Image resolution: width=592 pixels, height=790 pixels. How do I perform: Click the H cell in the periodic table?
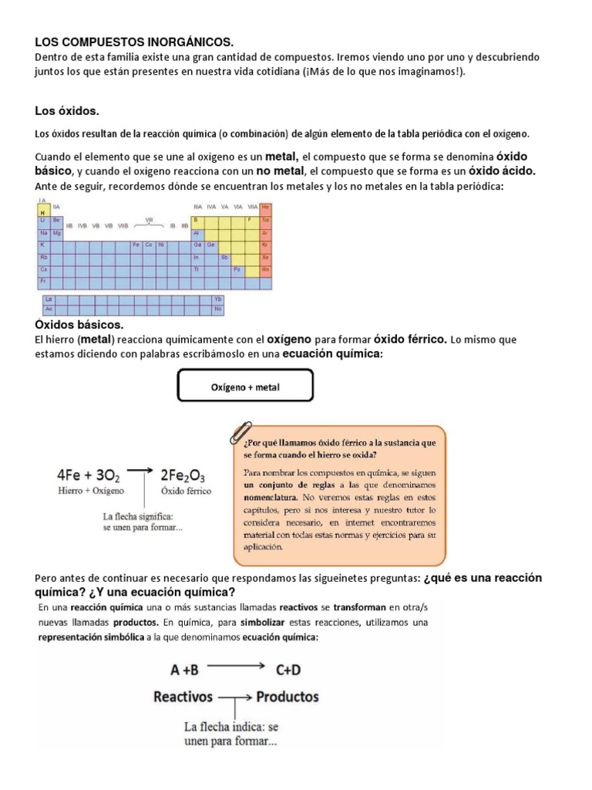(x=43, y=213)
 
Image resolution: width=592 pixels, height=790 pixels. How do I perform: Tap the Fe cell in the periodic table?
(x=136, y=245)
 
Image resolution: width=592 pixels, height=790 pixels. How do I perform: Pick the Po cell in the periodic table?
(x=237, y=269)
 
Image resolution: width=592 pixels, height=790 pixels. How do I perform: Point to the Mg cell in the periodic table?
(x=57, y=232)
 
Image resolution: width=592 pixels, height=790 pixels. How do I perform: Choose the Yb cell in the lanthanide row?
(x=217, y=298)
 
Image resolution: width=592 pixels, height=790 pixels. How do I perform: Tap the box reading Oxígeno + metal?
(x=245, y=387)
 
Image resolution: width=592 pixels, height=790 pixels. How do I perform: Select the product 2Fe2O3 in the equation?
(x=183, y=475)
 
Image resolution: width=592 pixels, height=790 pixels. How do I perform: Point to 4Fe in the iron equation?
(x=72, y=475)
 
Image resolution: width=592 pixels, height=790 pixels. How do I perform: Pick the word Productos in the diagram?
(x=288, y=697)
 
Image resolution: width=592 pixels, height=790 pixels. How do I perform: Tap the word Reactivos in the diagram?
(x=183, y=697)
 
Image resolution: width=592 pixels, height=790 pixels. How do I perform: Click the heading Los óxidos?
(x=68, y=111)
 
